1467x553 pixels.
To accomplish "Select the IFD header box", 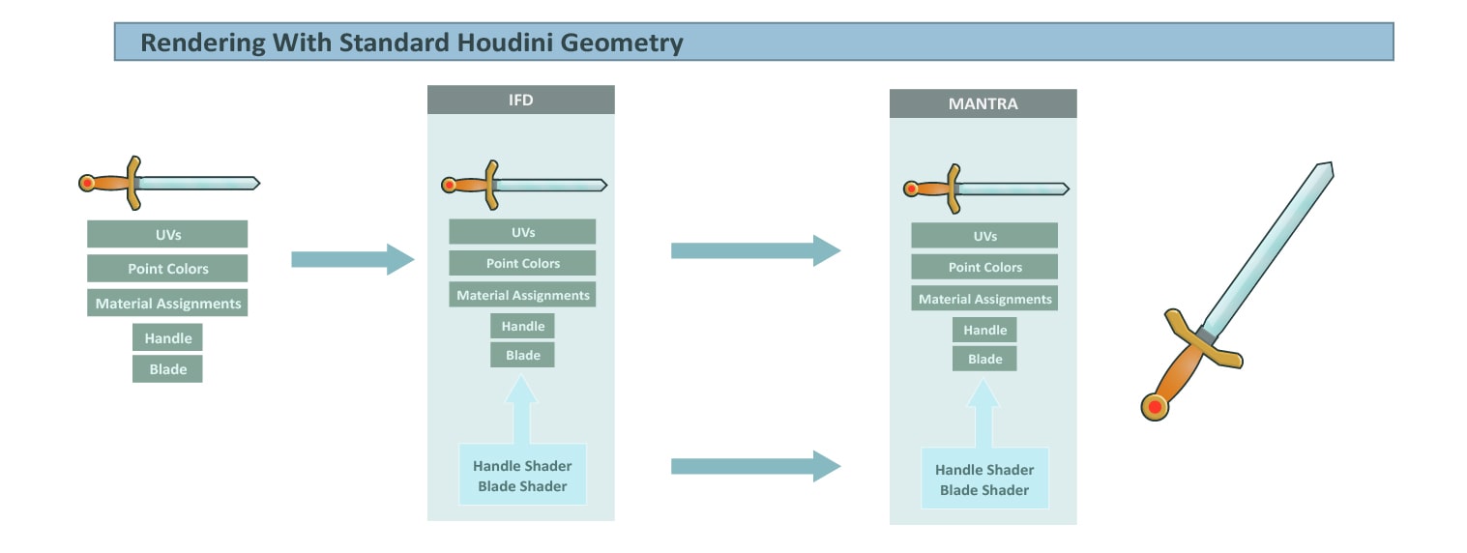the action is (520, 100).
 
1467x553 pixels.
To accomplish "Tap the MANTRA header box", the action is (983, 103).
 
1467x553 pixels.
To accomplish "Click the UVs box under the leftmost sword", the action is (167, 234).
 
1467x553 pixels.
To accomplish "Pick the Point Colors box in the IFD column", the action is (522, 263).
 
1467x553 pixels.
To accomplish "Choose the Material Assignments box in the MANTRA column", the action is (984, 299).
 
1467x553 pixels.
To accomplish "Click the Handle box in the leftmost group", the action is (167, 337).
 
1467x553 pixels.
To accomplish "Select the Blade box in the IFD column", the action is (522, 355).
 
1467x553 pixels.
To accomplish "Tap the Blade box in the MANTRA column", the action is (984, 359).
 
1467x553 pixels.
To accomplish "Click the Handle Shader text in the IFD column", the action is (522, 466).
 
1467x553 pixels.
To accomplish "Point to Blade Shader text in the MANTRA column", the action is (984, 490).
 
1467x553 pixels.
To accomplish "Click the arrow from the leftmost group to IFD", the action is (353, 260).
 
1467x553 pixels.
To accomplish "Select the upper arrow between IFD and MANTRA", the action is (756, 250).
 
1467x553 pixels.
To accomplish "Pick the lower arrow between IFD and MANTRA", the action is (756, 466).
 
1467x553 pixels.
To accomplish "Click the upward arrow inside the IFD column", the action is (522, 410).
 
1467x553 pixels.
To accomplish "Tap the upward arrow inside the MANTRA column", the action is (983, 414).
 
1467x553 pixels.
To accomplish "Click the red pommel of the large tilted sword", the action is (1156, 407).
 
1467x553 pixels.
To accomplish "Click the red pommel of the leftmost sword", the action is (86, 183).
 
